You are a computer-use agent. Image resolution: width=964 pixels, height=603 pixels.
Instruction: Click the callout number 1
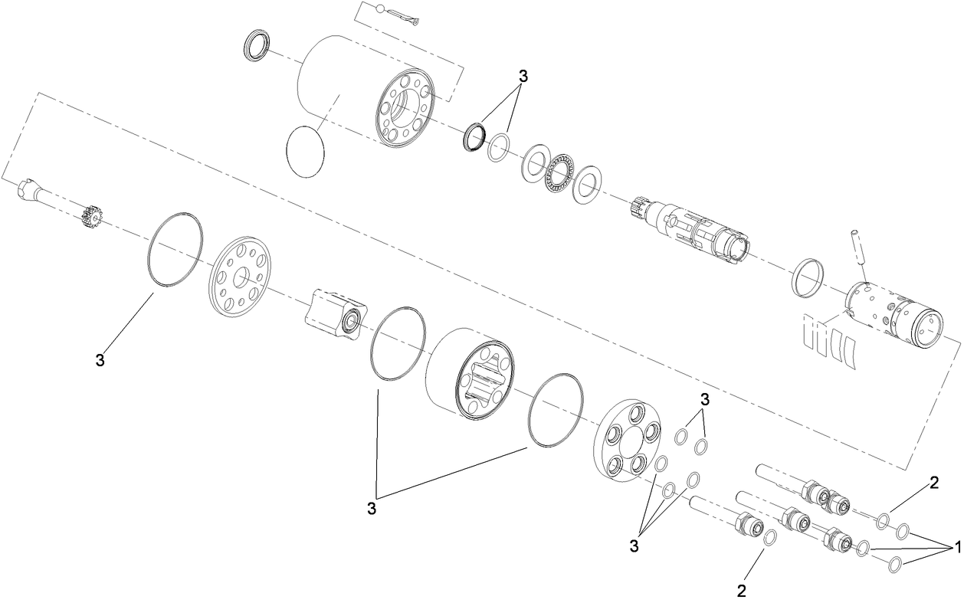tap(956, 549)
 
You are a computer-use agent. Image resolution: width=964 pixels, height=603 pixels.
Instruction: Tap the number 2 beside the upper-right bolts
tap(934, 483)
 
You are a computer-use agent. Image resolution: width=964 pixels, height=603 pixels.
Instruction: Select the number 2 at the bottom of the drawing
tap(741, 591)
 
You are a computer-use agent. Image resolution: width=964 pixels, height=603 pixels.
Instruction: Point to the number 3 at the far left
tap(100, 360)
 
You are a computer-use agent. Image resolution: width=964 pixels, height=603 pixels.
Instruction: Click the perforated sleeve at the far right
tap(894, 313)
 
